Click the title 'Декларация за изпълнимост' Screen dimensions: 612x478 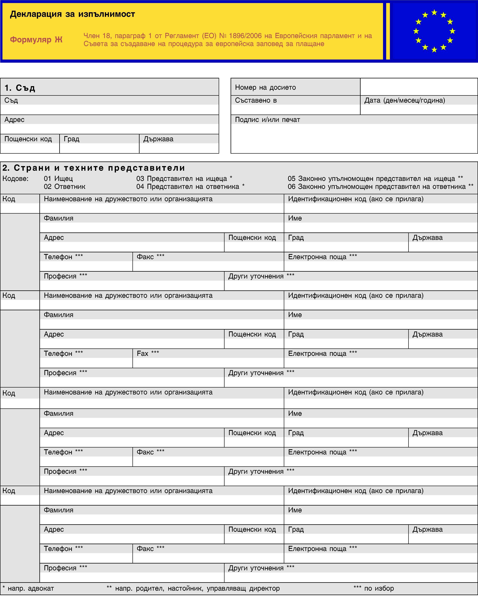tap(72, 14)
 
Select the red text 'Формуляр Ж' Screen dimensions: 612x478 tap(36, 40)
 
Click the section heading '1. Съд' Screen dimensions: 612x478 tap(20, 88)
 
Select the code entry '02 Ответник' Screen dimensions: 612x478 tap(64, 187)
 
